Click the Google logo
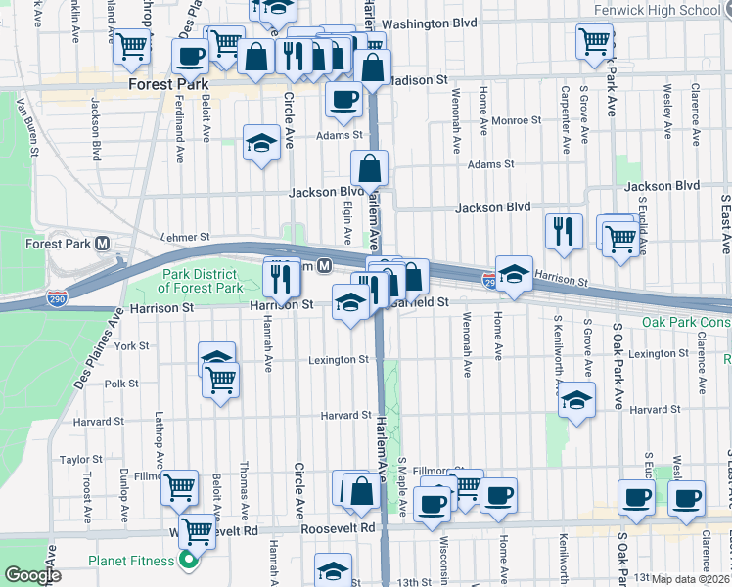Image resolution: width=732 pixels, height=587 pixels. coord(32,575)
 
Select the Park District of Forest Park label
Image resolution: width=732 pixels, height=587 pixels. coord(201,281)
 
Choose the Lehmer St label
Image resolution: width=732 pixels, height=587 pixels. coord(186,237)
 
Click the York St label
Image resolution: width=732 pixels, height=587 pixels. coord(131,346)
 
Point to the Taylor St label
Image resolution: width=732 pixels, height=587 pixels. coord(74,459)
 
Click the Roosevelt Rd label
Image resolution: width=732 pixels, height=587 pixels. coord(342,527)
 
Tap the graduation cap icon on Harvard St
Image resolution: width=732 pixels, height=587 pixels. coord(576,400)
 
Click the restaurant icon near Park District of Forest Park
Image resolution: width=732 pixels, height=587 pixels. coord(281,277)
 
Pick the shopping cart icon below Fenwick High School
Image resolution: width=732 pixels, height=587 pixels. coord(594,42)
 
